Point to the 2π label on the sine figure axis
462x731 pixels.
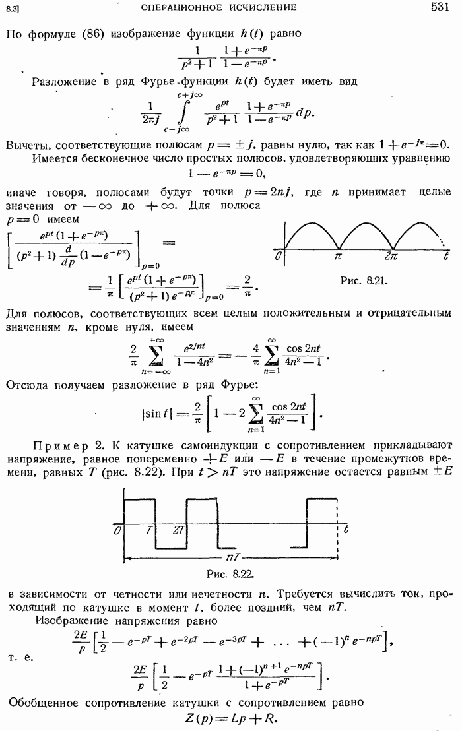click(x=392, y=255)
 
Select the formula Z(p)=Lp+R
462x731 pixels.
click(x=230, y=716)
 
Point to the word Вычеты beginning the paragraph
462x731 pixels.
click(x=29, y=144)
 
